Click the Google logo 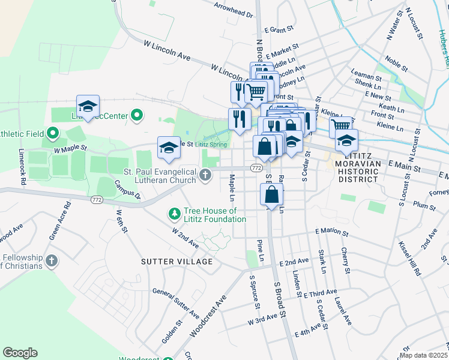click(20, 353)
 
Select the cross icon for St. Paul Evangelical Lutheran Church click(205, 175)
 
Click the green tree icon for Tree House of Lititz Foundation click(174, 214)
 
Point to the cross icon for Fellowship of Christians click(52, 261)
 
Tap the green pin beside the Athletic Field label click(52, 133)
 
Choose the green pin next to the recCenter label click(137, 114)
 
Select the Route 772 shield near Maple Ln click(256, 168)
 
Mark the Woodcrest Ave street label click(209, 316)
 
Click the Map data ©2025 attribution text click(423, 355)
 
